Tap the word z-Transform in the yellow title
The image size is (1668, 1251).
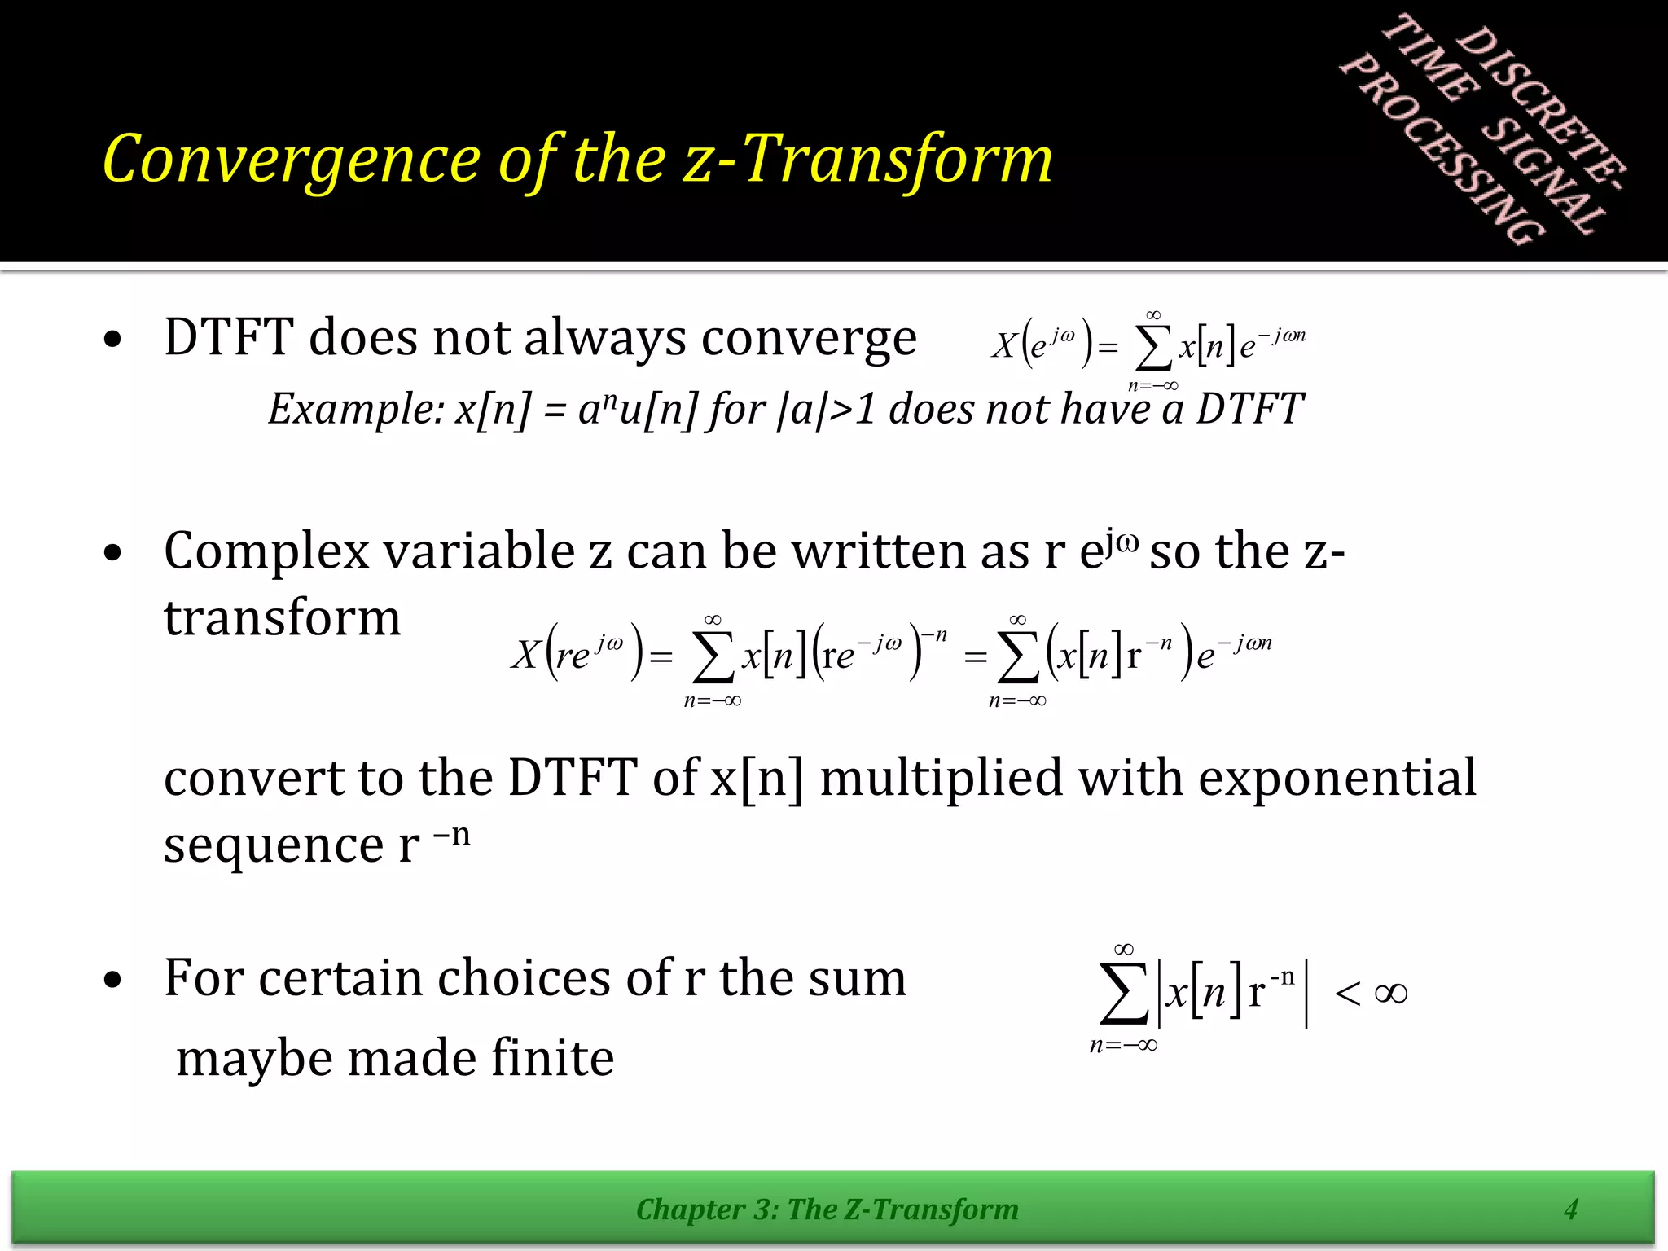(x=868, y=160)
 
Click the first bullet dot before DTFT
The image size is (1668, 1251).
(x=113, y=340)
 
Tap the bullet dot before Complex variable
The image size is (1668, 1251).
(x=113, y=554)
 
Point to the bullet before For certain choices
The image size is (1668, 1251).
(x=113, y=981)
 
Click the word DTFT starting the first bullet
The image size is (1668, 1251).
(x=228, y=337)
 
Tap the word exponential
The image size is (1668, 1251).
(x=1337, y=778)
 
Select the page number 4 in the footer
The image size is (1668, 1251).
(x=1571, y=1209)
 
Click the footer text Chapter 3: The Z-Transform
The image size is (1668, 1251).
(x=827, y=1209)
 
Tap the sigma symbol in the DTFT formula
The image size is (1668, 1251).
(x=1152, y=349)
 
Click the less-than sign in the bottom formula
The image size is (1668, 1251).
(x=1347, y=993)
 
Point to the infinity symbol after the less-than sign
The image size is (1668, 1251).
(x=1390, y=993)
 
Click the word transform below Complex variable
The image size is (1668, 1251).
(x=282, y=617)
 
